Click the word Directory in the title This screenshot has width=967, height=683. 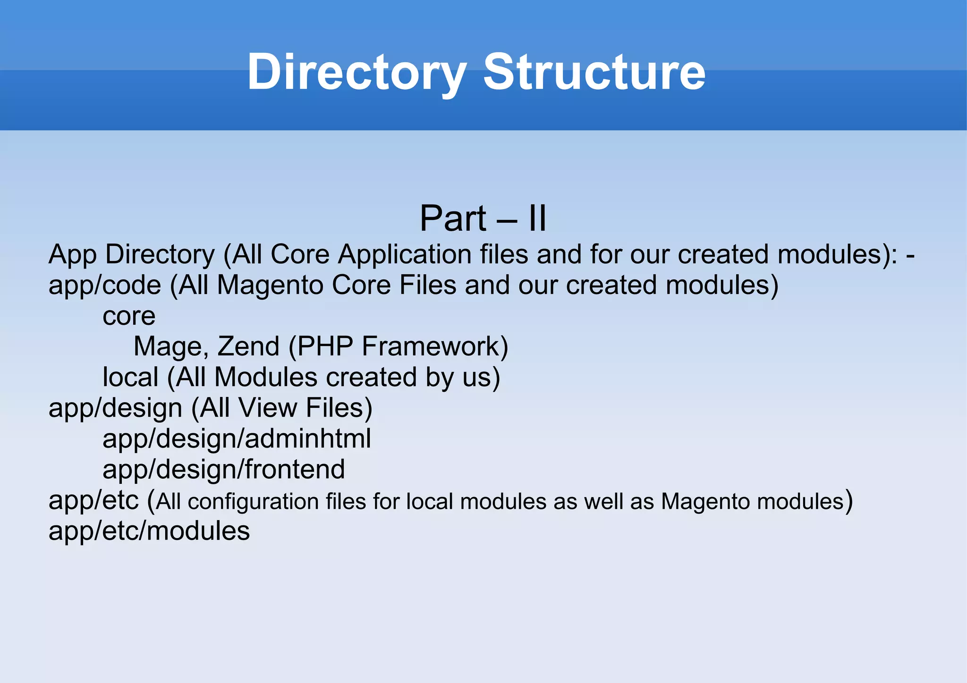(x=356, y=72)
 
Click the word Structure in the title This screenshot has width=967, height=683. (x=594, y=72)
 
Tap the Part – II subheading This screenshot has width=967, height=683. (x=483, y=219)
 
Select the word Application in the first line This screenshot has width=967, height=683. (x=405, y=254)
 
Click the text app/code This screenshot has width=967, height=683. (x=105, y=285)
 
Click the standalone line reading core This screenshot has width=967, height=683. (x=129, y=316)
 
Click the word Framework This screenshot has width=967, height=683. (x=434, y=346)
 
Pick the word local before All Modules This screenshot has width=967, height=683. (x=130, y=377)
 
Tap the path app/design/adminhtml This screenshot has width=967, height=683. (x=237, y=438)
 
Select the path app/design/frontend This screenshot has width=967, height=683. (x=223, y=469)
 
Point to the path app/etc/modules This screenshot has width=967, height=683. (x=149, y=531)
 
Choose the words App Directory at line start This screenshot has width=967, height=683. (x=132, y=254)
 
